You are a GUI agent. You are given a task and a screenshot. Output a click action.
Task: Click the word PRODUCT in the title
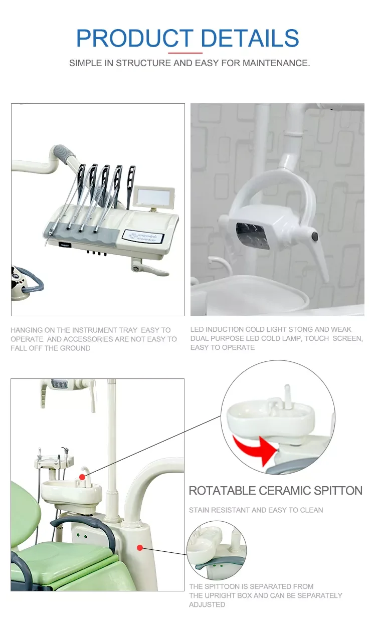(134, 39)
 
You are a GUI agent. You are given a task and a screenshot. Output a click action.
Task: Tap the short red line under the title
(185, 53)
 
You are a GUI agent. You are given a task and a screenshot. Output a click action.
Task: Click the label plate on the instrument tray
(142, 236)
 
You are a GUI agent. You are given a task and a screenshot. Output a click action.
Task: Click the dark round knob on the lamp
(314, 235)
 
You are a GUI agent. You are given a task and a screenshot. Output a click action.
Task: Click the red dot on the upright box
(140, 548)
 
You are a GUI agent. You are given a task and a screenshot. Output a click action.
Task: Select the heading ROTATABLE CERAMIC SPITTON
(275, 491)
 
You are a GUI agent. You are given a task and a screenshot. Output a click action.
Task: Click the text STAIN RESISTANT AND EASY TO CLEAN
(256, 510)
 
